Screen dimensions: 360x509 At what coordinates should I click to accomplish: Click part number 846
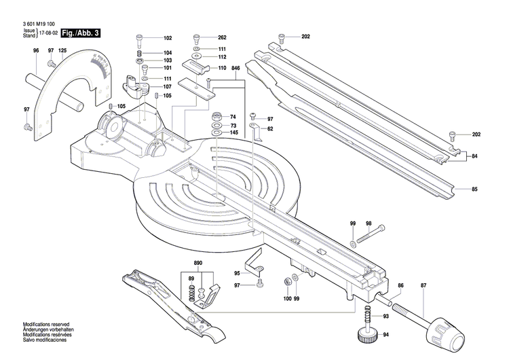[235, 69]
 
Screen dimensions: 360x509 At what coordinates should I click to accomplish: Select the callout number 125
[62, 51]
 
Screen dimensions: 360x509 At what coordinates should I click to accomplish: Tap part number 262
[222, 37]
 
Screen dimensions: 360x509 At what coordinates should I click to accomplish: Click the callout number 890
[197, 262]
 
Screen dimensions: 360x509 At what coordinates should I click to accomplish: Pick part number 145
[233, 132]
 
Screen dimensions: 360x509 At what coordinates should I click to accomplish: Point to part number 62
[270, 128]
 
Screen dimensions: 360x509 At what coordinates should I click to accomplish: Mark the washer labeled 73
[215, 126]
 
